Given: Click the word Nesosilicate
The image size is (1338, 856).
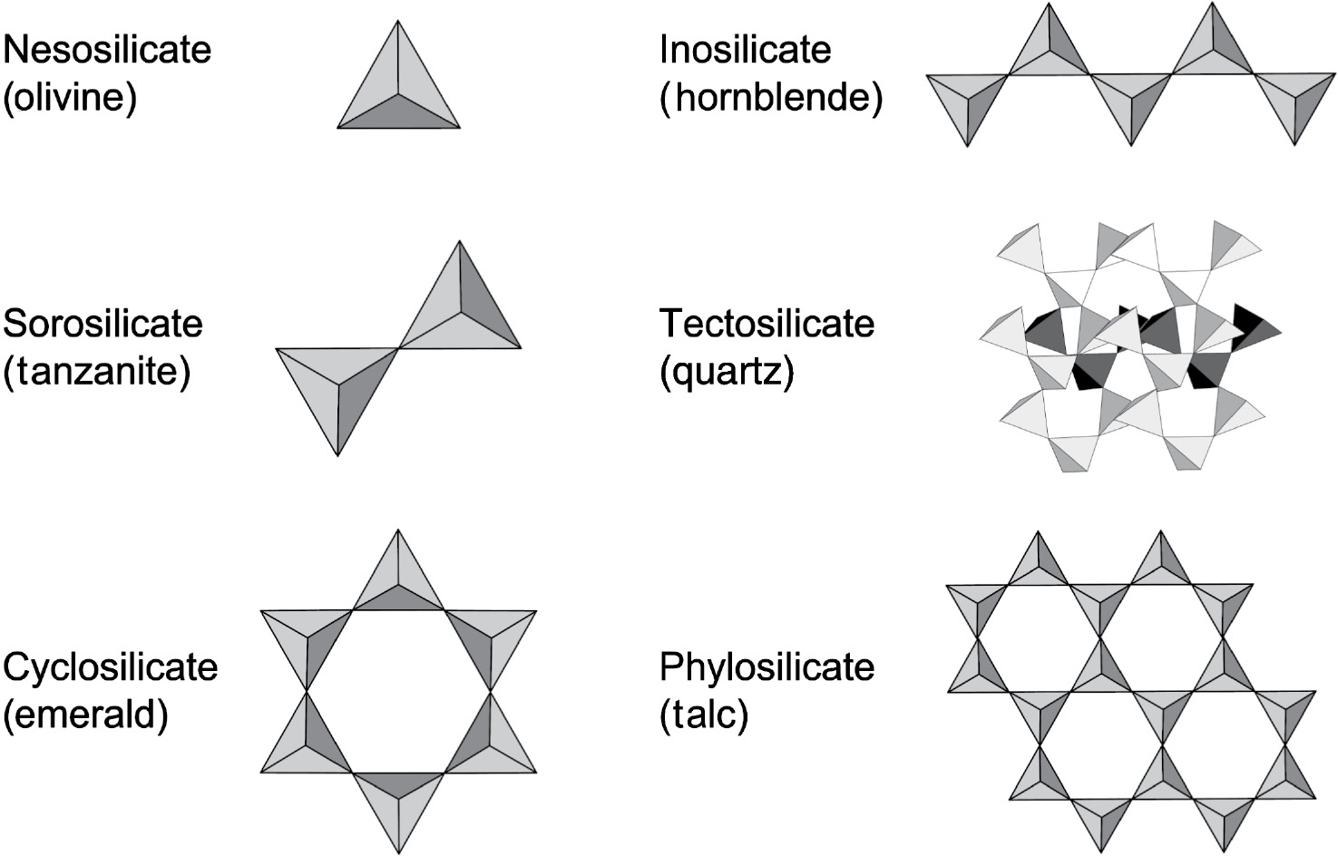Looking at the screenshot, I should coord(107,49).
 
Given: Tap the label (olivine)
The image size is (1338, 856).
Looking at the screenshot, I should coord(70,97).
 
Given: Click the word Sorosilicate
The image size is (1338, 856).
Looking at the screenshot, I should coord(103,324).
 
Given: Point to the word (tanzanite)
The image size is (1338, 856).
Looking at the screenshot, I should coord(97,371).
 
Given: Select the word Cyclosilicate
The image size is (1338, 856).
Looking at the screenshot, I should coord(110,666).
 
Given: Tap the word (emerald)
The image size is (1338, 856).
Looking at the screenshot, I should coord(86,715).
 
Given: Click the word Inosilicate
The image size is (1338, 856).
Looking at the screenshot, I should coord(745,49).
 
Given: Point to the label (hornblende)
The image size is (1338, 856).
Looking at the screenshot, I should coord(771,97).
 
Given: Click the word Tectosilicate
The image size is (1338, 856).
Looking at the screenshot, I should coord(767,324).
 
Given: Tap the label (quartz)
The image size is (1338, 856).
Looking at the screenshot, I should coord(727,371).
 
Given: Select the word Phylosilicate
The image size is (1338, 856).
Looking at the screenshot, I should coord(767,666).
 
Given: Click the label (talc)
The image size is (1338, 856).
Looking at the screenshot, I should coord(704,715).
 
